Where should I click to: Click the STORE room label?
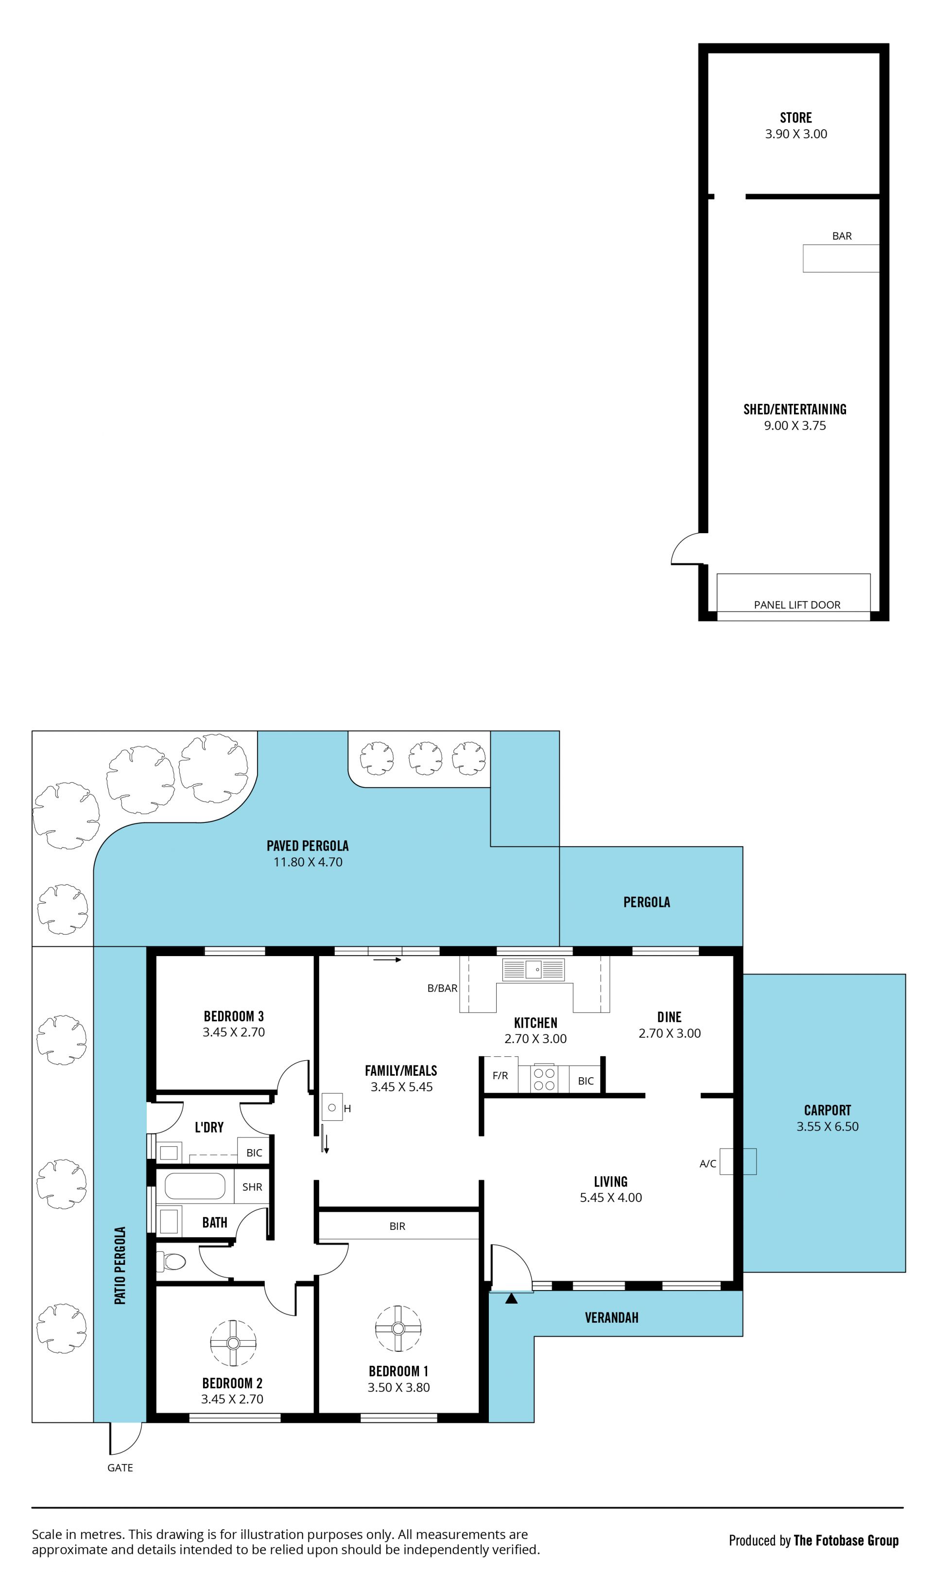(x=796, y=118)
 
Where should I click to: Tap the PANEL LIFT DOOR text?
(x=797, y=605)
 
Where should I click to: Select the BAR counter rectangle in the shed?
(x=841, y=259)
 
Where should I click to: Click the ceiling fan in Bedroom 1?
(x=398, y=1328)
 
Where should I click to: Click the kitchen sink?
(x=533, y=970)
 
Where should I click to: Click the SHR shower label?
(x=252, y=1187)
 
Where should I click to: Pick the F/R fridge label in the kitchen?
(x=501, y=1076)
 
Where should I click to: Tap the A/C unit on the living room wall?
(x=738, y=1161)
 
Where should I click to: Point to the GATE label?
(x=120, y=1467)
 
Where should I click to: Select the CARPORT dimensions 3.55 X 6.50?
(x=828, y=1127)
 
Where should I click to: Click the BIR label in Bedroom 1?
(x=397, y=1226)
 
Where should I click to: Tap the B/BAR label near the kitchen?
(x=443, y=988)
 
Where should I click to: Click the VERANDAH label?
(x=612, y=1317)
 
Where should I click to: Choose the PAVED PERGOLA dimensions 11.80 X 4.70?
(x=308, y=862)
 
